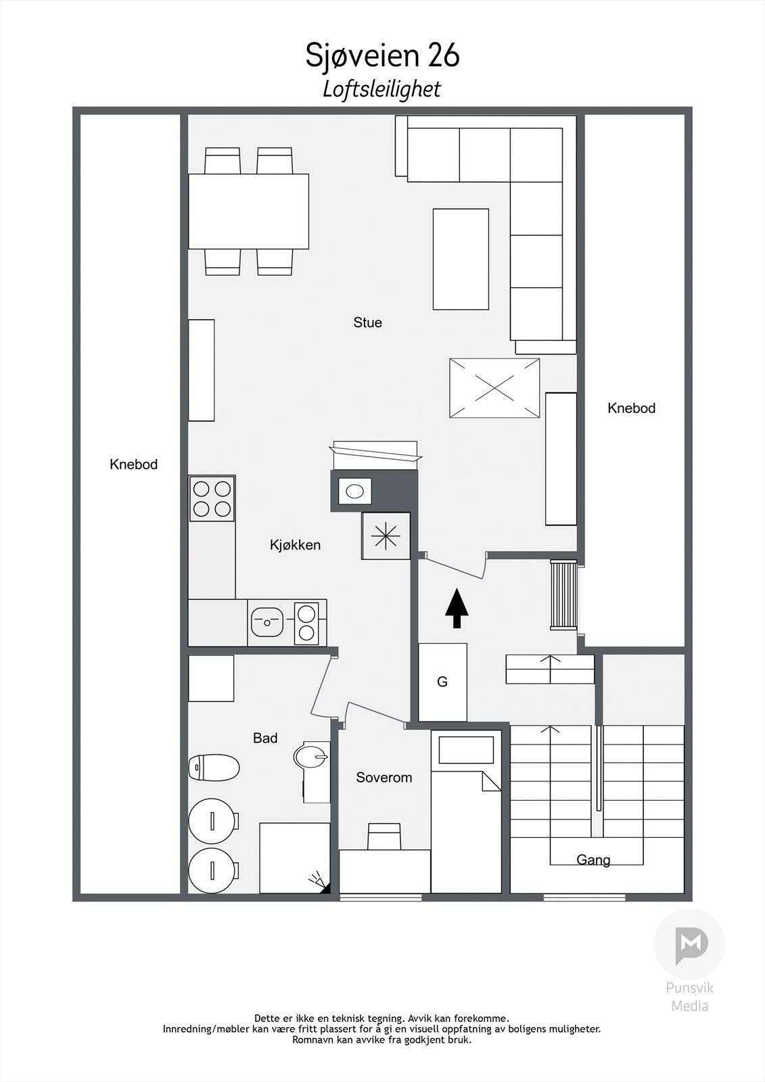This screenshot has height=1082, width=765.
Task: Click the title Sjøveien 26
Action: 382,55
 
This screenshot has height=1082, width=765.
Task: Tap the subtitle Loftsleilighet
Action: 382,89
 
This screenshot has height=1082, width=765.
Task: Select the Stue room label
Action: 367,323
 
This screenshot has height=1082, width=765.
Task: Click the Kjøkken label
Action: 295,545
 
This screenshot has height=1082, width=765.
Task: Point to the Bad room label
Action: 265,738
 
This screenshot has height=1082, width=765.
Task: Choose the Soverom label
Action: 384,778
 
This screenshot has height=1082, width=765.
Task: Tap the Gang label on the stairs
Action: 593,860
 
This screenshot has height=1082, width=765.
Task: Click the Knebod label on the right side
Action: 631,408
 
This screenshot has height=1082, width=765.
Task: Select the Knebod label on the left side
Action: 133,465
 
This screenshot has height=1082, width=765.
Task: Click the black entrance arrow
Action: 457,608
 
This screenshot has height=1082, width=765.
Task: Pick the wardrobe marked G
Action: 442,682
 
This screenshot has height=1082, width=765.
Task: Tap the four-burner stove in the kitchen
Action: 212,498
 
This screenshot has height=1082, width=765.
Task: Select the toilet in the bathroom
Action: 214,768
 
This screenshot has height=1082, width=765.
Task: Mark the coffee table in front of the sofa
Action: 461,259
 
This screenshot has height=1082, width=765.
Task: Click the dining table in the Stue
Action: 248,212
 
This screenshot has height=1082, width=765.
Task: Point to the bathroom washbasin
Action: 310,755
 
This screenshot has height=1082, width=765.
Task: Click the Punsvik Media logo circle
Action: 689,944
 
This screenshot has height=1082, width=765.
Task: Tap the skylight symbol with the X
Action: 494,389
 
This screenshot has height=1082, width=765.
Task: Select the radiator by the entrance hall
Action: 563,594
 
